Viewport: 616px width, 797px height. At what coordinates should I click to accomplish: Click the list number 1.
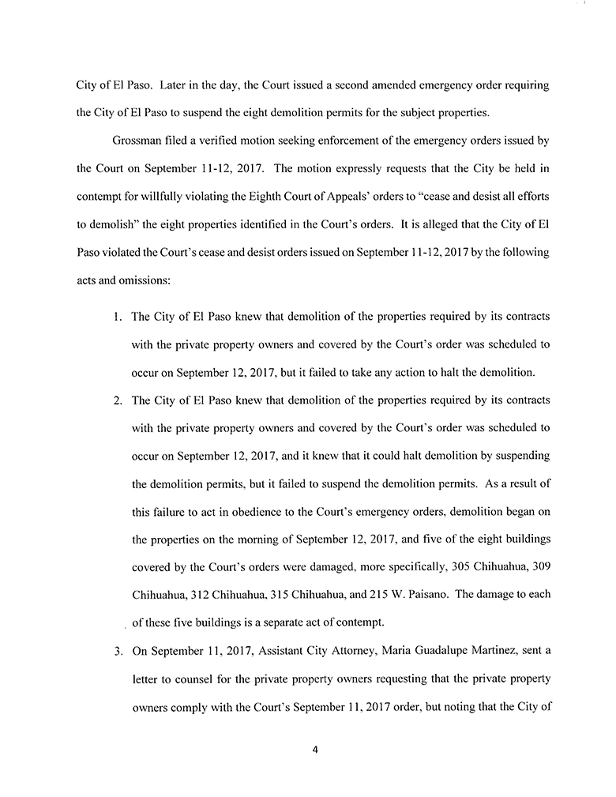pos(116,317)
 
